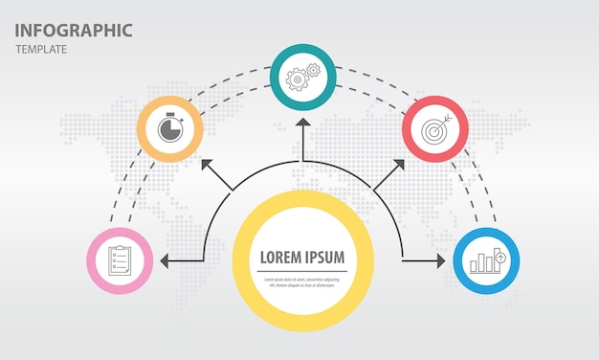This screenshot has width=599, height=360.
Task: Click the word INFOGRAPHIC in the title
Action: (x=73, y=30)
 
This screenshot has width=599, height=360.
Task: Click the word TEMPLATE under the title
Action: (x=41, y=50)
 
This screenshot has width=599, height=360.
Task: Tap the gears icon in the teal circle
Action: (x=302, y=77)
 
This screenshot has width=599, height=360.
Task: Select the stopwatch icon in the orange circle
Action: (x=169, y=127)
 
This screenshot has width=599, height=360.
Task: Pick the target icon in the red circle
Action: (x=434, y=128)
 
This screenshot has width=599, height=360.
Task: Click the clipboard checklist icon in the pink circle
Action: (x=120, y=259)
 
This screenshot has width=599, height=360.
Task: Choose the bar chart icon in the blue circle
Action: (x=486, y=259)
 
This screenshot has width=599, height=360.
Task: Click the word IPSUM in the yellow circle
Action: (x=325, y=257)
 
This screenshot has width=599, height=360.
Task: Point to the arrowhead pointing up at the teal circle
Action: (x=303, y=124)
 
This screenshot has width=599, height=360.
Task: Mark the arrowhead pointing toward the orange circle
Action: (x=207, y=168)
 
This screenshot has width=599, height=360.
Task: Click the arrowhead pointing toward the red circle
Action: (x=398, y=166)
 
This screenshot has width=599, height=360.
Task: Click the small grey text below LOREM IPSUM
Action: (x=302, y=281)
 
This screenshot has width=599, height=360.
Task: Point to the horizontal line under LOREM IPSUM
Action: (x=302, y=271)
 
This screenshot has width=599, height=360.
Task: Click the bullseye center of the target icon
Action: (x=433, y=130)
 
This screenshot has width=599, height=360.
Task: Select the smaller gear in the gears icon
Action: (x=312, y=71)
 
